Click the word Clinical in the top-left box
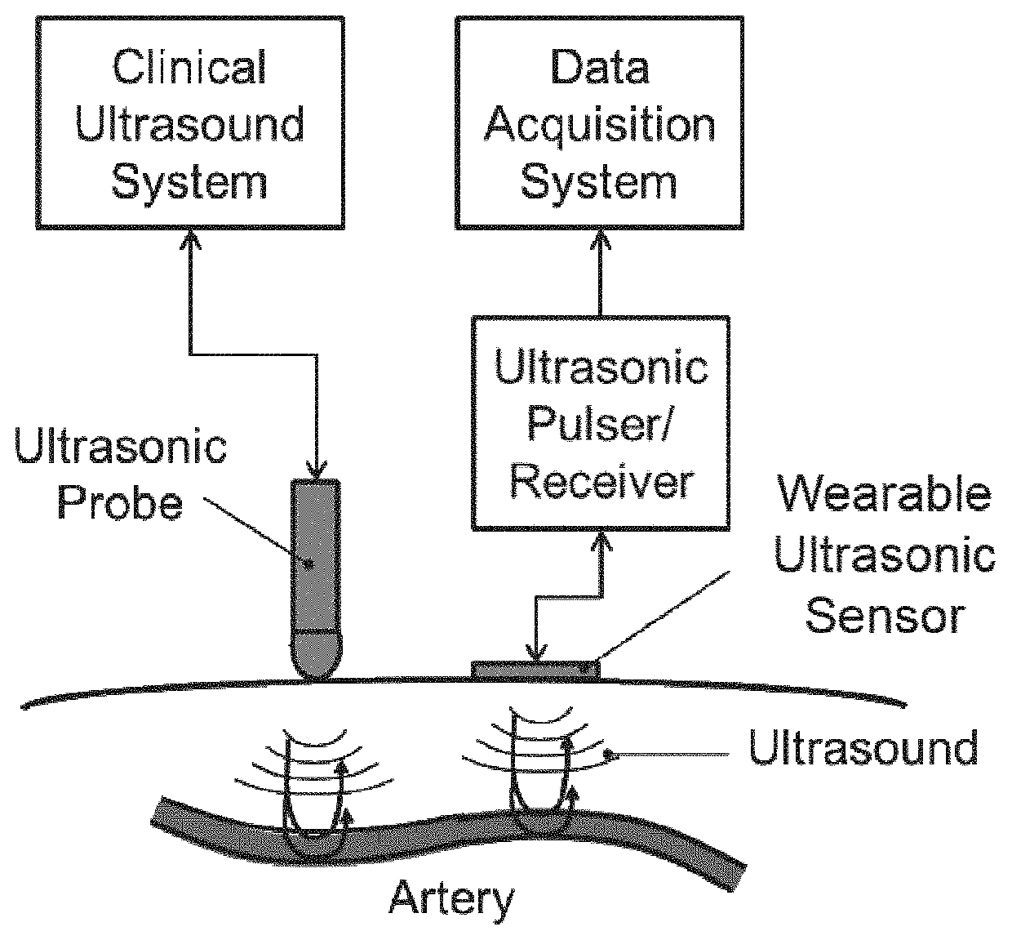189,67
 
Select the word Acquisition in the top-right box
600,125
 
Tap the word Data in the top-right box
600,67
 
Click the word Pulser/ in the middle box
600,424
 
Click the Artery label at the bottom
451,898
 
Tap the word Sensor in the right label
885,616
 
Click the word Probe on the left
119,502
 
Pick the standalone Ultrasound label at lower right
863,748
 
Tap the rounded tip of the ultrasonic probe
317,662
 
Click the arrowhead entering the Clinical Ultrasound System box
190,238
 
